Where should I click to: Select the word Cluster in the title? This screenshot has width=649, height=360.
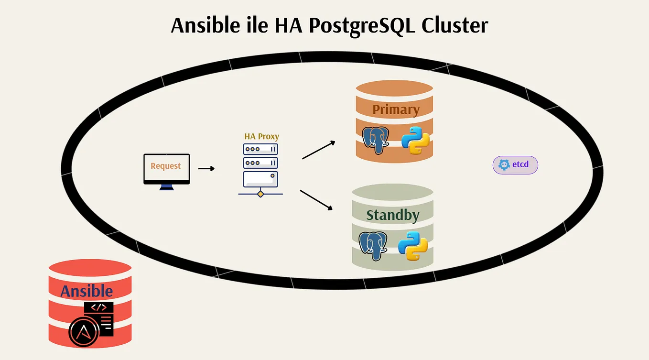454,25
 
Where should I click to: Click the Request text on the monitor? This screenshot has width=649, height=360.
166,166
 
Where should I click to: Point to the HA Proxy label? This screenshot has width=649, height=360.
261,136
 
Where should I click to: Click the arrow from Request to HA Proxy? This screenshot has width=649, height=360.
206,168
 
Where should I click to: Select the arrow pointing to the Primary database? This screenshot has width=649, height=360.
318,150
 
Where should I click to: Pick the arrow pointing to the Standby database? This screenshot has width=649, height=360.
316,199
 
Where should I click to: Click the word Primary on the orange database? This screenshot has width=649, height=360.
396,109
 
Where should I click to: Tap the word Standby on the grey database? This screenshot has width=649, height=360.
393,215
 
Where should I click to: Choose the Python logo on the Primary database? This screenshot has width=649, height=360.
415,141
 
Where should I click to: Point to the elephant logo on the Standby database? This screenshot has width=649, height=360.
372,246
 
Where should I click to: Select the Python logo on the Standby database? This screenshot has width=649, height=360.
412,246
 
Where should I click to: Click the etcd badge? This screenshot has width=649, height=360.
515,165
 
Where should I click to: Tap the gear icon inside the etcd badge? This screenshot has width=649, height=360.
504,165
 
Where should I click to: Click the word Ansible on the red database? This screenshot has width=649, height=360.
87,291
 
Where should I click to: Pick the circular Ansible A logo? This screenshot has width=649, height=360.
84,331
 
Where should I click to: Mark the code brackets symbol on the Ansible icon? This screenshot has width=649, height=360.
99,307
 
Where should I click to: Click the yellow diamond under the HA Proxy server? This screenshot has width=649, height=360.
260,194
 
